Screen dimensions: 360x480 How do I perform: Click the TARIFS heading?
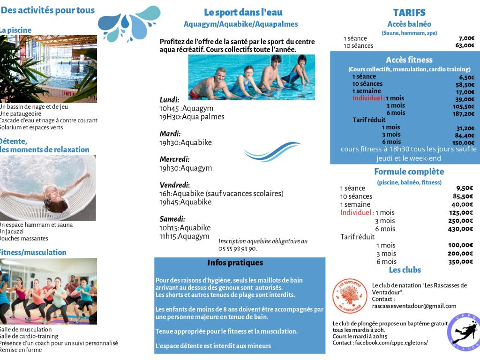point(409,13)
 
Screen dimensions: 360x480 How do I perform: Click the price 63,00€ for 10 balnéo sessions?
point(465,45)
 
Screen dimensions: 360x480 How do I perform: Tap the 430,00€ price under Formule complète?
point(461,229)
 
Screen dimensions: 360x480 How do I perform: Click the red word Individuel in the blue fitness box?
point(368,98)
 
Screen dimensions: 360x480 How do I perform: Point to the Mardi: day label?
point(170,134)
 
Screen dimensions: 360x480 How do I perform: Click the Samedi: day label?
point(172,219)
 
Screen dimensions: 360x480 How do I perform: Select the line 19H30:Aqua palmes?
point(192,117)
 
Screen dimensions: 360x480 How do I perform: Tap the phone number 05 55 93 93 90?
point(238,249)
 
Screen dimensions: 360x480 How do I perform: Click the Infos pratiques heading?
point(235,262)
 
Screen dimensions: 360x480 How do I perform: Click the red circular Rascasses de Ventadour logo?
point(350,296)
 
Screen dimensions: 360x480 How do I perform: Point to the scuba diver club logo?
point(463,332)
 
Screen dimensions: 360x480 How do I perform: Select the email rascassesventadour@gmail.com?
point(414,306)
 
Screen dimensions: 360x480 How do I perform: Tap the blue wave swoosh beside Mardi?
point(272,152)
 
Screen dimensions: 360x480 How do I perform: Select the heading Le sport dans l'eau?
point(243,13)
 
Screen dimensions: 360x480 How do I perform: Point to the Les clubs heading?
point(405,270)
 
